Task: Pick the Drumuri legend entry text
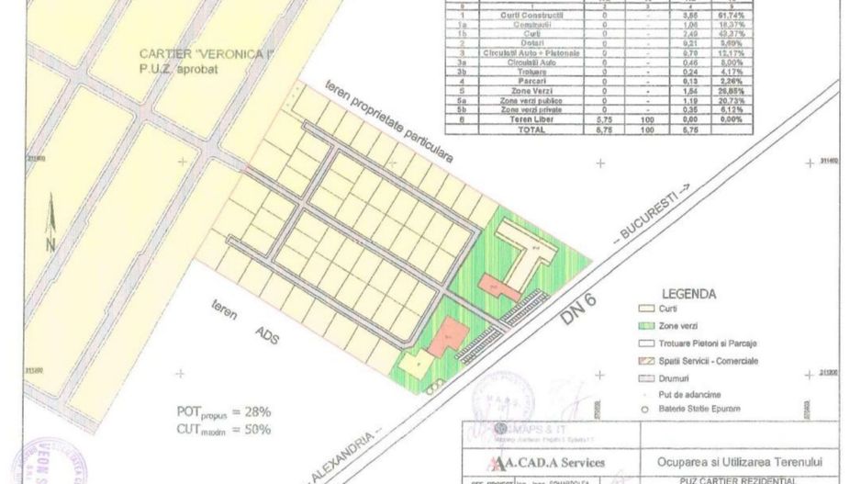(x=678, y=377)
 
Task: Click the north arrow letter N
(x=50, y=243)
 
